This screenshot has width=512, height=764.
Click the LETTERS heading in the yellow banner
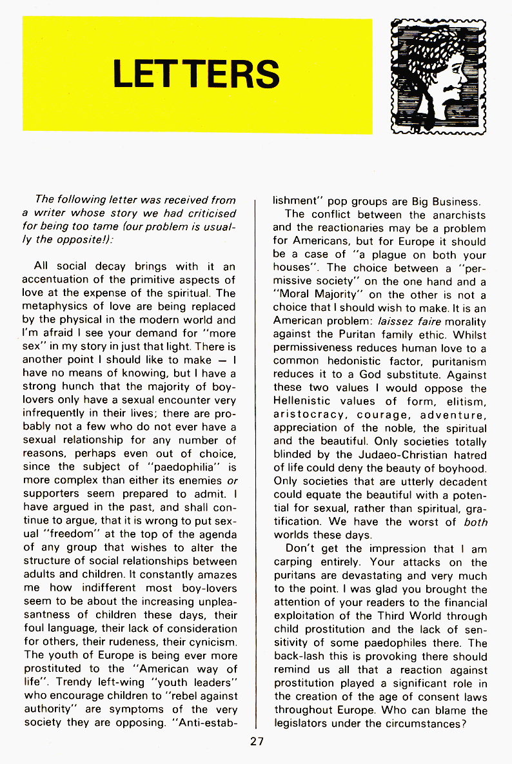click(196, 74)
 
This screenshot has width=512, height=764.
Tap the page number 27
click(257, 741)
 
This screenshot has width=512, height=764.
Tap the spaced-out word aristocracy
click(309, 414)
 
